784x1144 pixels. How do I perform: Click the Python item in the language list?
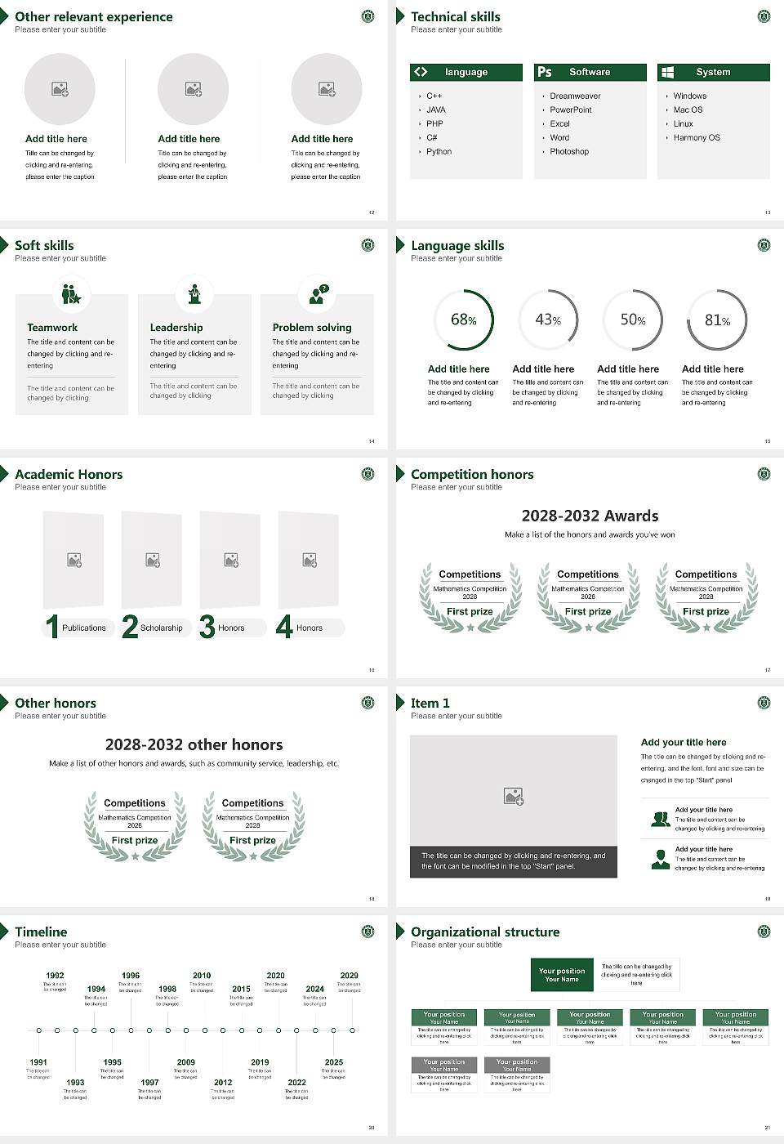(x=439, y=151)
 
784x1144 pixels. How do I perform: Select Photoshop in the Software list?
(x=568, y=151)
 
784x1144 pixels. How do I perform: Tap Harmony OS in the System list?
(x=696, y=137)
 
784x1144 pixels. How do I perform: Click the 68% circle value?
(x=463, y=320)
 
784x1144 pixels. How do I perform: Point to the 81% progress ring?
(x=716, y=320)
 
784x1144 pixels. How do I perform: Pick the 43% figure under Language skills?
(x=547, y=320)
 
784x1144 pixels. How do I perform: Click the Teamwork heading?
(x=52, y=327)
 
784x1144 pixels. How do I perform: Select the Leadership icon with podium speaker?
(x=194, y=294)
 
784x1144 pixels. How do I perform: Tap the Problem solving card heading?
(x=312, y=327)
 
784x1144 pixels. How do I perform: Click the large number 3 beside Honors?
(x=207, y=627)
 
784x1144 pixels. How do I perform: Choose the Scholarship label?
(x=161, y=628)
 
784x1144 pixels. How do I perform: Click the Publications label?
(x=83, y=628)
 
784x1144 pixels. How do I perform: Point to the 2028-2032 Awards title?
(x=590, y=516)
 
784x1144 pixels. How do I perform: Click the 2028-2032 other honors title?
(x=194, y=744)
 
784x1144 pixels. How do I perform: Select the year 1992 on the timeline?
(x=55, y=975)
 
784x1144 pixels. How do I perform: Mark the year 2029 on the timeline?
(x=349, y=975)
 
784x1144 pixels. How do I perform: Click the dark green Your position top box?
(x=562, y=975)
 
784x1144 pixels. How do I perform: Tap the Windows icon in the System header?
(x=667, y=72)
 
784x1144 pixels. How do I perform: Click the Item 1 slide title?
(x=430, y=703)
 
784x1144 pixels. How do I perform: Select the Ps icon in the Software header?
(x=545, y=72)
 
